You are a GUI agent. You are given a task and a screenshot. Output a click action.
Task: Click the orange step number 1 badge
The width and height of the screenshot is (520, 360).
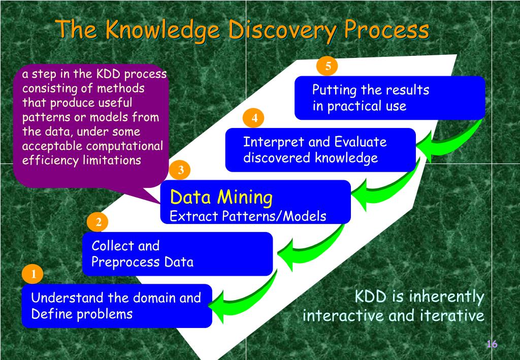[x=34, y=275]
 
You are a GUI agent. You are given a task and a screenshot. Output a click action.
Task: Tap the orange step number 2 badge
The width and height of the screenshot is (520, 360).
[x=99, y=222]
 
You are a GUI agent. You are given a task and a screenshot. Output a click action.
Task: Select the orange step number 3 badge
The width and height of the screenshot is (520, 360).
[x=180, y=170]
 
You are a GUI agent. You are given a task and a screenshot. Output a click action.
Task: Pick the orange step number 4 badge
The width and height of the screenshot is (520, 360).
[x=254, y=118]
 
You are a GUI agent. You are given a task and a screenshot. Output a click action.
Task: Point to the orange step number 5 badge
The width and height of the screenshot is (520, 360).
[x=328, y=66]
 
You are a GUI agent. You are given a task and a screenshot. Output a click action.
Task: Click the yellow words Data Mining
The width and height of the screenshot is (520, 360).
[x=221, y=197]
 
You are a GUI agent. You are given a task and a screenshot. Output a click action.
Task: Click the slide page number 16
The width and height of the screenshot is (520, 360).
[x=492, y=344]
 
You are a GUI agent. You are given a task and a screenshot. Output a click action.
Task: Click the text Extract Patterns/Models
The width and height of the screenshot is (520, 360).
[x=248, y=216]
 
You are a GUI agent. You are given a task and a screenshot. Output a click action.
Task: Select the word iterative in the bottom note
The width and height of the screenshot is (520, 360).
[x=452, y=316]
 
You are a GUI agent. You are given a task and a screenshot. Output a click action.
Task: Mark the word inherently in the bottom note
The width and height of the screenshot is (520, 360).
[x=447, y=296]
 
